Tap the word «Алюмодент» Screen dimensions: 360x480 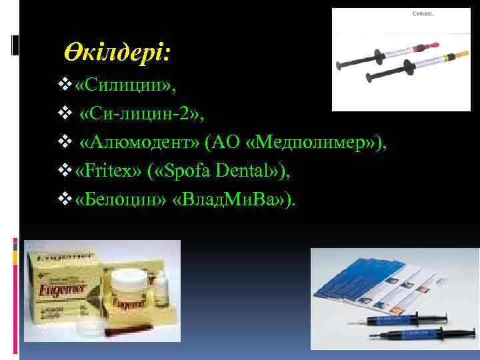(141, 143)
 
